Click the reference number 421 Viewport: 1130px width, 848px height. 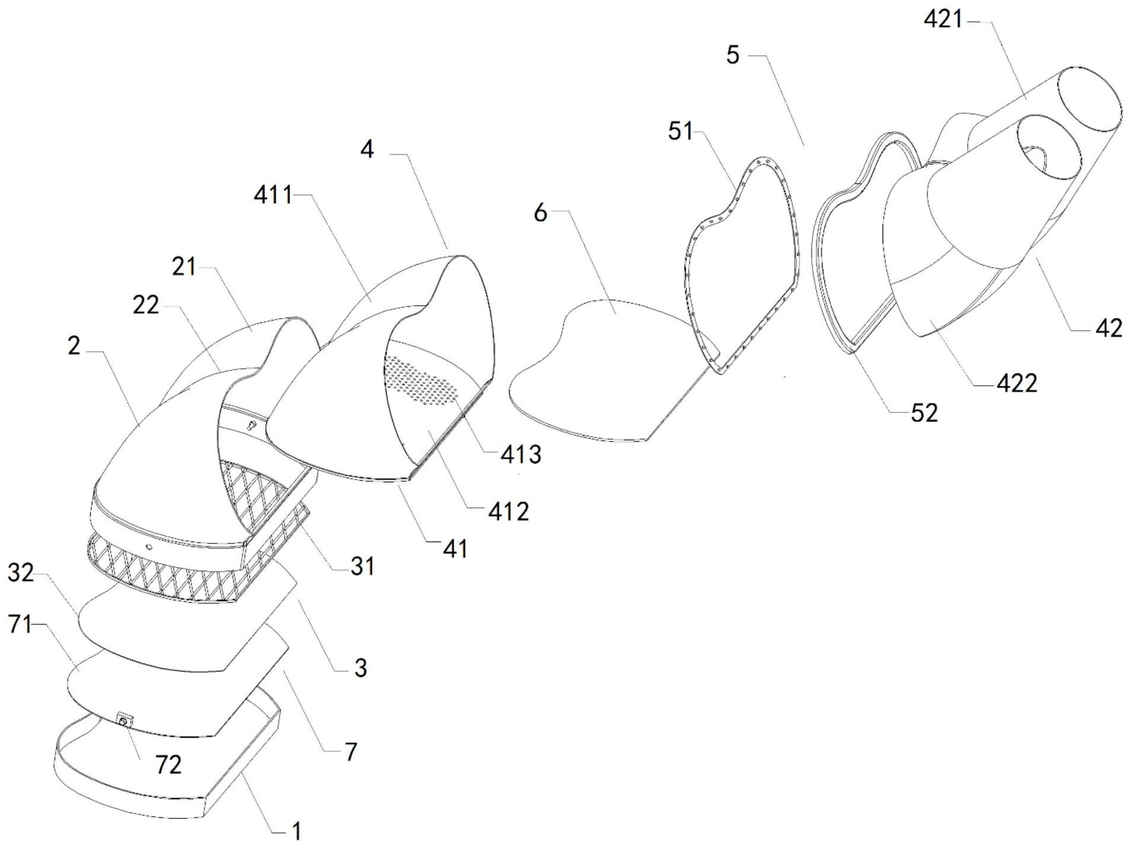click(943, 20)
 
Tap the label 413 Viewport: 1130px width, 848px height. click(521, 455)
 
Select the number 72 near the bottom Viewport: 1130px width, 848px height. click(168, 765)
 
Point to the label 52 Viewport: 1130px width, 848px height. click(924, 413)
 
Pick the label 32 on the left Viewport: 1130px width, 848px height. click(21, 573)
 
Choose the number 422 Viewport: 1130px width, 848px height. click(1017, 384)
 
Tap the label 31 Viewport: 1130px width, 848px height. click(362, 567)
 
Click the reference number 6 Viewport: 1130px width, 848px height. click(540, 212)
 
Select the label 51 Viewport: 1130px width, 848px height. click(680, 131)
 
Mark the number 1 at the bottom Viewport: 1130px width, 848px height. click(297, 831)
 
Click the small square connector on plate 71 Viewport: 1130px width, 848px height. click(124, 721)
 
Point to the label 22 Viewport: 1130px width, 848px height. click(146, 305)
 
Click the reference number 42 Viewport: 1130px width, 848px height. click(1109, 328)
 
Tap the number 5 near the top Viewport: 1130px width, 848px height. click(733, 55)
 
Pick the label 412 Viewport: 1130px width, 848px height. click(508, 511)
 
